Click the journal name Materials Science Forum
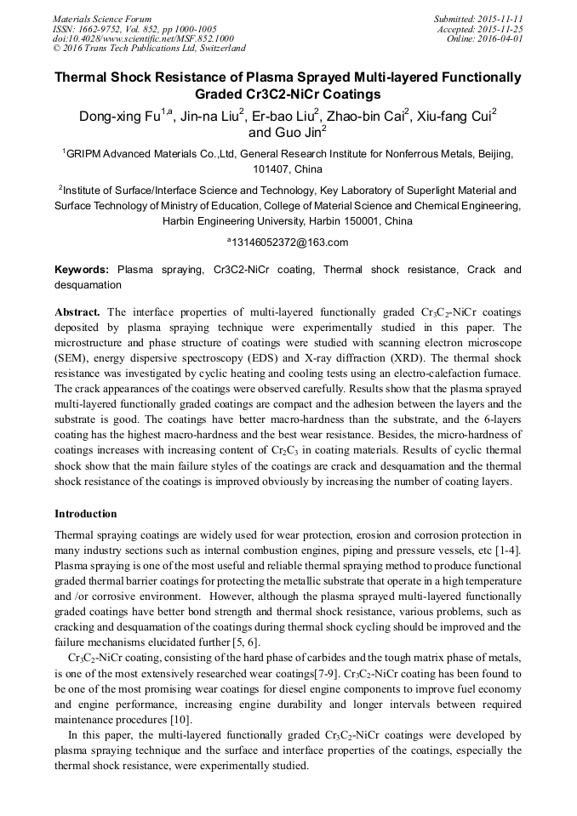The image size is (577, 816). click(102, 19)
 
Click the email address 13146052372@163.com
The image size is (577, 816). click(290, 243)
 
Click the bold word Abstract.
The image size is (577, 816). click(77, 311)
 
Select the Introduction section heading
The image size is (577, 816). click(86, 514)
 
